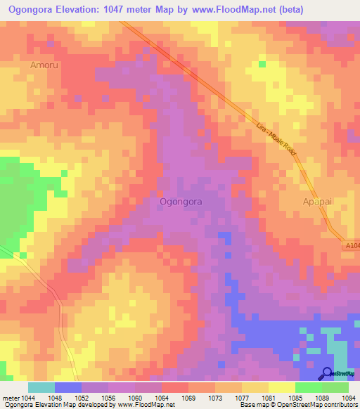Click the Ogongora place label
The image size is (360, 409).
(181, 201)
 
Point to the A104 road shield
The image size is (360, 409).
(352, 245)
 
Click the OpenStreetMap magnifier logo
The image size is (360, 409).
(327, 373)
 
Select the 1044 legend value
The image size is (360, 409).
(29, 398)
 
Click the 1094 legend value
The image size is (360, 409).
(349, 398)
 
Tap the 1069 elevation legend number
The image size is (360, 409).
(190, 398)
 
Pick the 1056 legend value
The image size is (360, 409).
(109, 398)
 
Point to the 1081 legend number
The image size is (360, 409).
(269, 398)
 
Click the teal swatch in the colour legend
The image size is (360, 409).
(41, 387)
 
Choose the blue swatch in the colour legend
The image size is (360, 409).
(68, 387)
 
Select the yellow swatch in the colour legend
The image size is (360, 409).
(281, 387)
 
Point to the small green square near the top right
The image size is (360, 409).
(262, 64)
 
